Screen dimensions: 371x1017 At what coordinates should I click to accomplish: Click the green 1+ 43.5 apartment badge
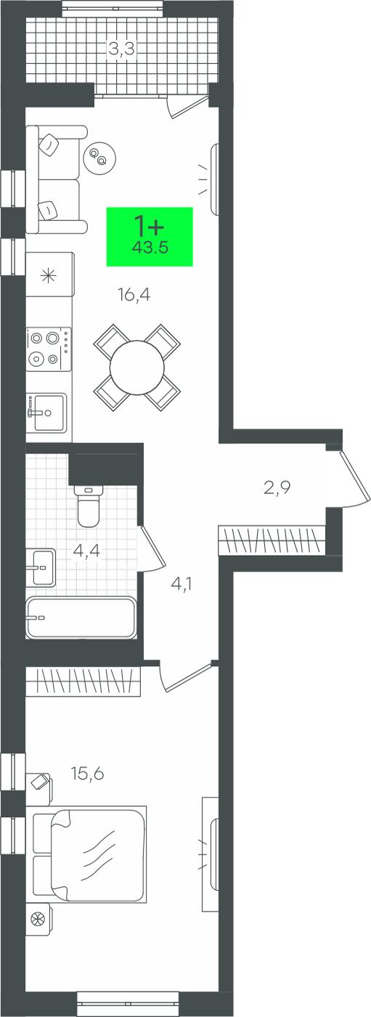click(150, 237)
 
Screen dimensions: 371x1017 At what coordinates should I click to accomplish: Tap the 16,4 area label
click(134, 296)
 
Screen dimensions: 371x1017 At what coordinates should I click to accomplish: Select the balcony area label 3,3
click(121, 48)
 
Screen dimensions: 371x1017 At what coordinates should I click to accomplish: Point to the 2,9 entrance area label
click(277, 488)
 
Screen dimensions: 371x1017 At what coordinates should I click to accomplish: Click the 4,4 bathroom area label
click(86, 551)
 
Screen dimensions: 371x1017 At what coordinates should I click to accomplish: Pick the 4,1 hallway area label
click(182, 583)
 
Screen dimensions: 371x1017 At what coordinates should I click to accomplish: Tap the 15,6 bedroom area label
click(88, 773)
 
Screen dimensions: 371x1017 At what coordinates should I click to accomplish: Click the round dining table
click(137, 368)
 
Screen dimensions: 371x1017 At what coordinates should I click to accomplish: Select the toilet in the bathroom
click(89, 506)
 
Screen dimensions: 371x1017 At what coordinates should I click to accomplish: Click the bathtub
click(81, 618)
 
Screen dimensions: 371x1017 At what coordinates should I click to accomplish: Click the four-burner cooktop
click(49, 349)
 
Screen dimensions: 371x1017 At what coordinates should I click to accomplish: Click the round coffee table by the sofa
click(99, 157)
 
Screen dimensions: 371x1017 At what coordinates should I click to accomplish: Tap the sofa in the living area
click(56, 179)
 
